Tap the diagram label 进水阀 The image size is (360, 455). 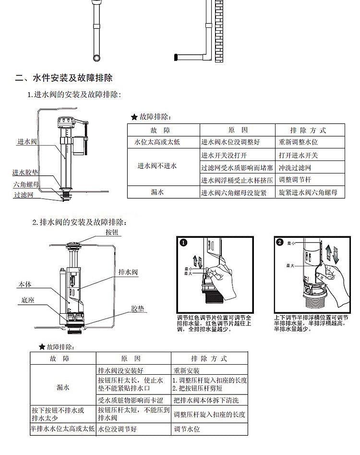point(27,142)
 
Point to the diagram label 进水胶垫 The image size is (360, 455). point(26,172)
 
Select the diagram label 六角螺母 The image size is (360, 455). point(26,184)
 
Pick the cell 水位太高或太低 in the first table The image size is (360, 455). point(157,142)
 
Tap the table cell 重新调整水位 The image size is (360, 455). point(298,142)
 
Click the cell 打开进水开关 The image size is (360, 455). point(298,155)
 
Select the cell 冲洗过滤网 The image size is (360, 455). point(295,168)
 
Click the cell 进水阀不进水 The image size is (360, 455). point(157,166)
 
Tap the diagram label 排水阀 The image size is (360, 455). point(128,272)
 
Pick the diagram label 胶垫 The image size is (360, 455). point(138,309)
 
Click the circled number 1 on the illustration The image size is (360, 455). point(183,243)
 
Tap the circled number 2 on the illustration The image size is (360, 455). point(280,243)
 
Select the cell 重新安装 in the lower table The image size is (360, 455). point(186,371)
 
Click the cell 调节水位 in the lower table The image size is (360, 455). point(187,429)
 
